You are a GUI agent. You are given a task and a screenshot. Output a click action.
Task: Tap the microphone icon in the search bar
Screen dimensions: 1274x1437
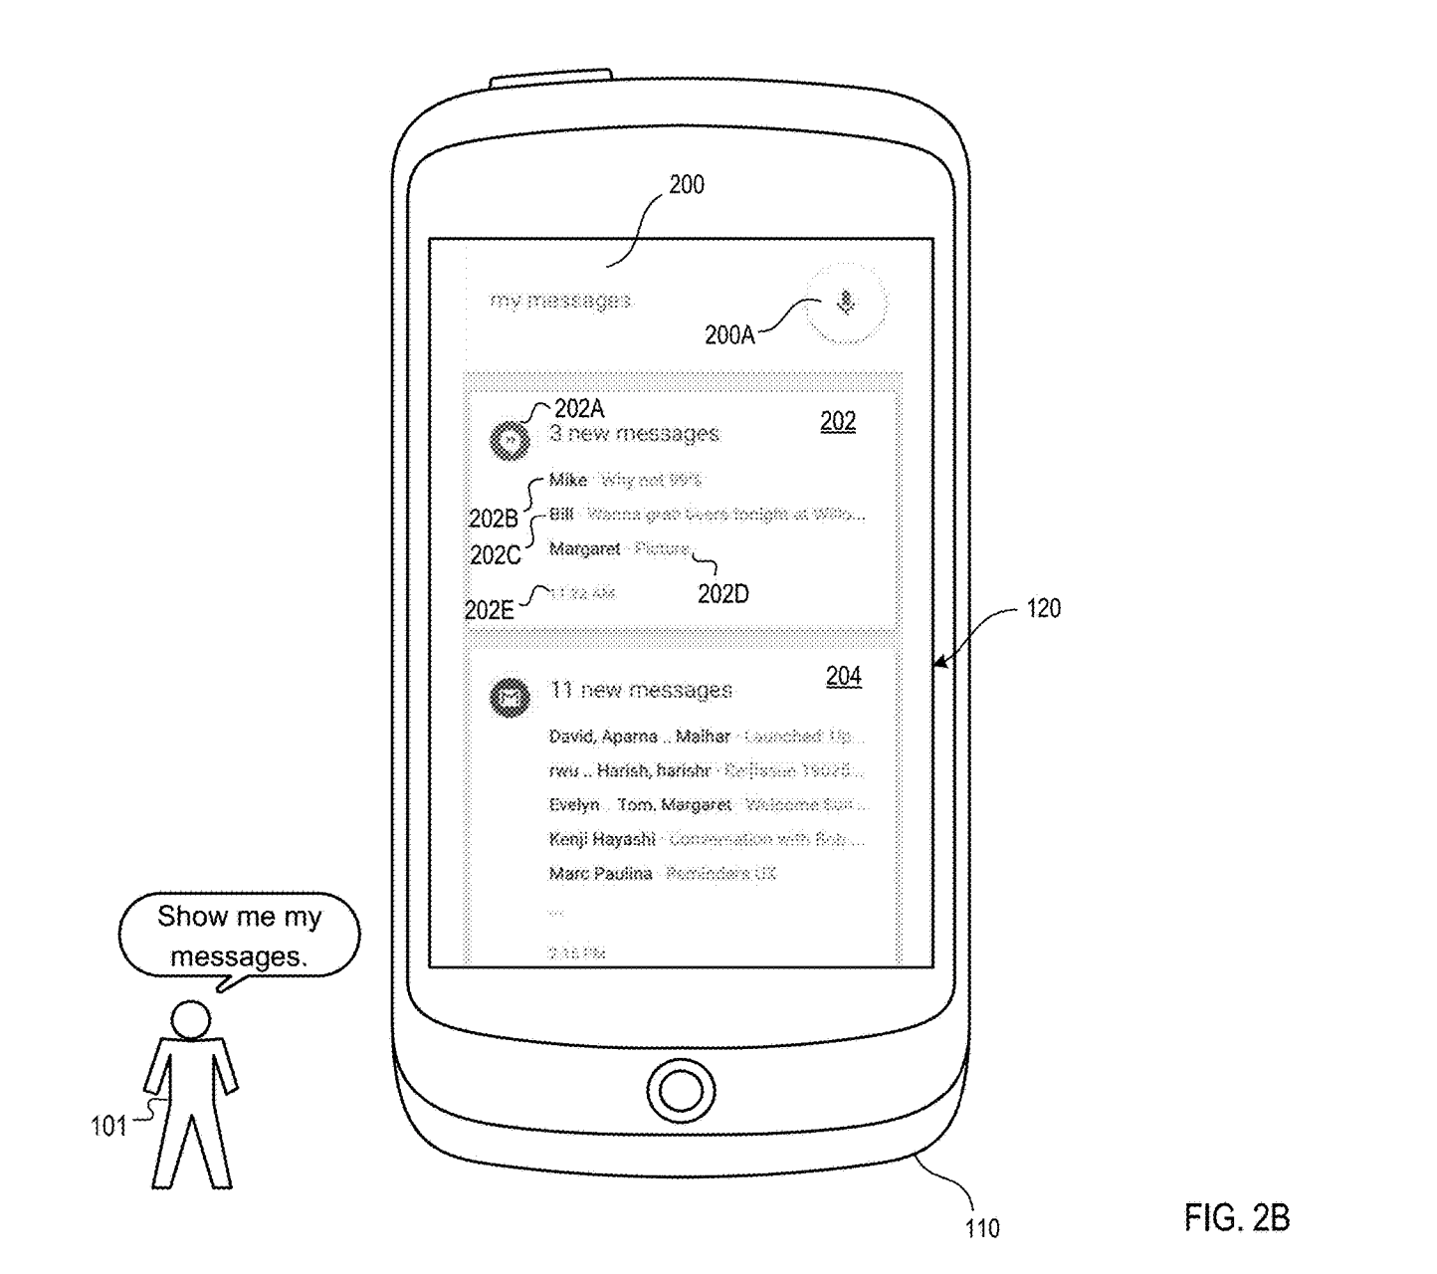[x=846, y=301]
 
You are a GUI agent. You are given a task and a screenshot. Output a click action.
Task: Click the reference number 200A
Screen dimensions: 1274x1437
[x=729, y=335]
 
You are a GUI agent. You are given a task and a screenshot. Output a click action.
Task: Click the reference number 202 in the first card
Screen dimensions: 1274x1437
[x=838, y=421]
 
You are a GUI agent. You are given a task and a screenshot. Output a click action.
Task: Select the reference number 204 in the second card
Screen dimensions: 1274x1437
[x=843, y=676]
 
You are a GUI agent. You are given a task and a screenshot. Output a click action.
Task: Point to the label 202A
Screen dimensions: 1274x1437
[x=579, y=408]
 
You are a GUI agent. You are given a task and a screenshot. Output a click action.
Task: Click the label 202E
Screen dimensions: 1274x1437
[x=489, y=610]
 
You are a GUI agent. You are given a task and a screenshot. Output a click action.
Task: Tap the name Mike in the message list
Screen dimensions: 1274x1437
[x=568, y=480]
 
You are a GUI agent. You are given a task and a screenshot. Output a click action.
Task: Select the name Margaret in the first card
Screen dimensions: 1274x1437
[x=584, y=548]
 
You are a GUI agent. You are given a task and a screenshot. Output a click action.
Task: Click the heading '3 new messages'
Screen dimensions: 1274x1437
[x=634, y=434]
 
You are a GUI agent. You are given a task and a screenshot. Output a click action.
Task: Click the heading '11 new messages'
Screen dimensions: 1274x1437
[x=641, y=690]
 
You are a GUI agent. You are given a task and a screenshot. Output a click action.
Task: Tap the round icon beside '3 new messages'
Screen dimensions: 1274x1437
[x=511, y=440]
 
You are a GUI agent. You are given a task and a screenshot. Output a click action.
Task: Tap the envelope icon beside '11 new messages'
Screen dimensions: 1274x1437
[x=511, y=698]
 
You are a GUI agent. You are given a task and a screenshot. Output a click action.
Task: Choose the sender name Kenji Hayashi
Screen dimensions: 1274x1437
[x=602, y=839]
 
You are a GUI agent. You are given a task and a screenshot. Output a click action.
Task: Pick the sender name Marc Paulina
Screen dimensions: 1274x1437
[x=600, y=873]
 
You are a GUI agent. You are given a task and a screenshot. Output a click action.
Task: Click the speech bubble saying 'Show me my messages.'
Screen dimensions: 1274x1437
[x=239, y=936]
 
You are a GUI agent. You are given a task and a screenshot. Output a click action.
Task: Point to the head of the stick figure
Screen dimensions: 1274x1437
[x=190, y=1019]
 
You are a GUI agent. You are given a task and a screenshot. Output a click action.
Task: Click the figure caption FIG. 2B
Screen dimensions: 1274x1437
[x=1236, y=1216]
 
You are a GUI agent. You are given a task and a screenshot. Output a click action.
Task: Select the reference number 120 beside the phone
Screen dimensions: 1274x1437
[x=1043, y=608]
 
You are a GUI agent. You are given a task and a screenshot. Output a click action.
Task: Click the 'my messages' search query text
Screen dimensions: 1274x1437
[x=560, y=300]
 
